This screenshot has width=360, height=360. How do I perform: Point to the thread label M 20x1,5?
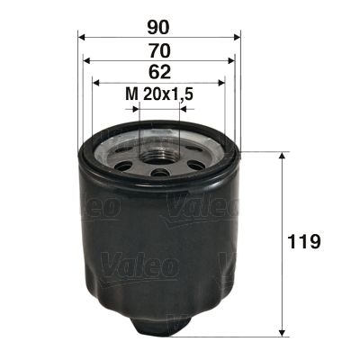coord(158,93)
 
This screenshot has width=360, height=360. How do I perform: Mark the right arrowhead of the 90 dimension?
coord(237,38)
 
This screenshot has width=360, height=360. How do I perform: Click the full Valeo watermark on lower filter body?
coord(137,265)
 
